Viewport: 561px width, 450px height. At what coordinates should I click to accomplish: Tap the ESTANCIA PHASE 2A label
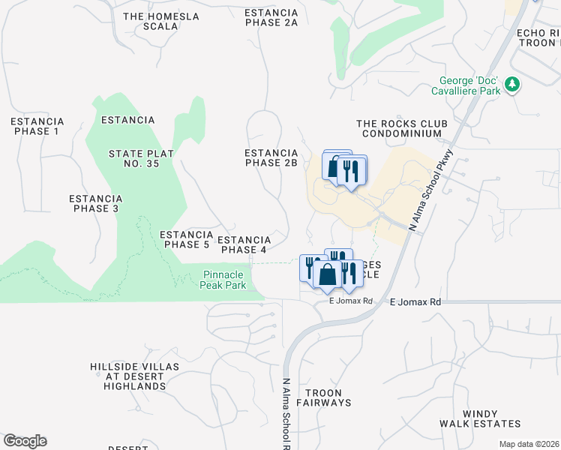271,18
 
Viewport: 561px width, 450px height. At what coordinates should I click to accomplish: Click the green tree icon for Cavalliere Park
512,84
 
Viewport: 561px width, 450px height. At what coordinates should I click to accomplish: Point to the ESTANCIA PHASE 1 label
37,126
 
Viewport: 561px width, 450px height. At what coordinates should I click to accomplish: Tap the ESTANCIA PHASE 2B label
271,157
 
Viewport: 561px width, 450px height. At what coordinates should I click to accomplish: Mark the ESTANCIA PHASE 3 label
95,203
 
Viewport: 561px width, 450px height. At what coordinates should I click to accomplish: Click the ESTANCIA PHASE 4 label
243,244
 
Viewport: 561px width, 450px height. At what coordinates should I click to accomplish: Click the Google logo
25,441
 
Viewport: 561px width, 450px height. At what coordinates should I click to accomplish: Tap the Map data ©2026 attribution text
529,444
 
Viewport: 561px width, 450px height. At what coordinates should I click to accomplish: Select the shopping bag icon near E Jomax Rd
328,274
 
